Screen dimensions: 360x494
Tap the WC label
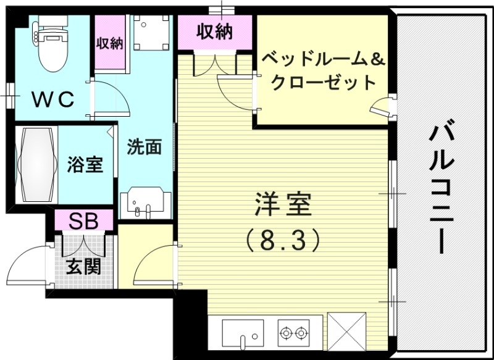pyautogui.click(x=53, y=98)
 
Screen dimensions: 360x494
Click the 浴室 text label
pyautogui.click(x=85, y=165)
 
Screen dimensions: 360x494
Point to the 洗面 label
pyautogui.click(x=144, y=148)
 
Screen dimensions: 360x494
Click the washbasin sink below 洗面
pyautogui.click(x=144, y=204)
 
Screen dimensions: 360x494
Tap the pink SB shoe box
pyautogui.click(x=83, y=220)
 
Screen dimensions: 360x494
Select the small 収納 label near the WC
pyautogui.click(x=109, y=44)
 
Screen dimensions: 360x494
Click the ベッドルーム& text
pyautogui.click(x=323, y=60)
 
